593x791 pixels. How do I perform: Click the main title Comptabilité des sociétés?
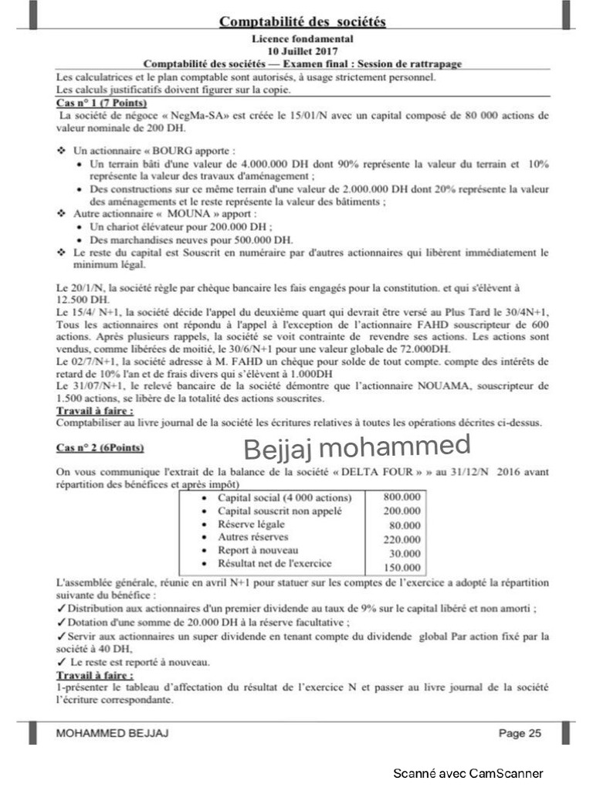point(303,21)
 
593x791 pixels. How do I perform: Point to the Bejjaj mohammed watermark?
point(357,446)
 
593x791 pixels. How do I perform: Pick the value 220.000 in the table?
point(402,539)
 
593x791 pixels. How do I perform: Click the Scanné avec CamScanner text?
point(468,773)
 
